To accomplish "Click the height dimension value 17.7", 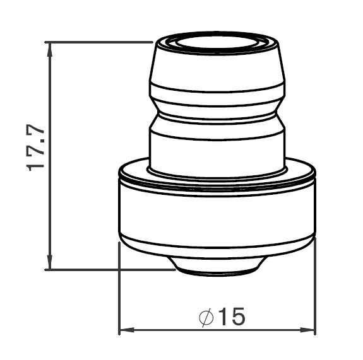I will (36, 147).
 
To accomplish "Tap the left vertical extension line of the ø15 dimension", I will (119, 290).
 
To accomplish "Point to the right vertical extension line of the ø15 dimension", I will (316, 290).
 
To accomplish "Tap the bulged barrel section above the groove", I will (217, 76).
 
